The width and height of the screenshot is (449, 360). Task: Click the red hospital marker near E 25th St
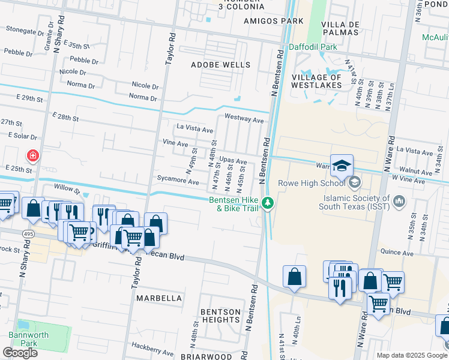coord(32,156)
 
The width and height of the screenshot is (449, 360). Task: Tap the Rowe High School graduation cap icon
coord(342,166)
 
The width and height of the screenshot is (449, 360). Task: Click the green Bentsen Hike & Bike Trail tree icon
coord(270,204)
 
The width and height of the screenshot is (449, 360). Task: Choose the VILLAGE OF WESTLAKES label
coord(317,81)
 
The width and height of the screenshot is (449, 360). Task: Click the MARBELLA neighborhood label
coord(158,298)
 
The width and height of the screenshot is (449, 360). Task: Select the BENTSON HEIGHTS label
coord(220,316)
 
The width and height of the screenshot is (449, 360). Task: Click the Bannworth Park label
coord(24,339)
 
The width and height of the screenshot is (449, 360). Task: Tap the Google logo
coord(20,352)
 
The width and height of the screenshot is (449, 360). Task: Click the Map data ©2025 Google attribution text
coord(411,355)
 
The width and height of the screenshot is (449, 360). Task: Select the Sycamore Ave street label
coord(177,181)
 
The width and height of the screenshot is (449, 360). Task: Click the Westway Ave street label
coord(244,119)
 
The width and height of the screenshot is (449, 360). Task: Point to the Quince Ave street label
coord(396,253)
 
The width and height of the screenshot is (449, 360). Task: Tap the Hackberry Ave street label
coord(152,349)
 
